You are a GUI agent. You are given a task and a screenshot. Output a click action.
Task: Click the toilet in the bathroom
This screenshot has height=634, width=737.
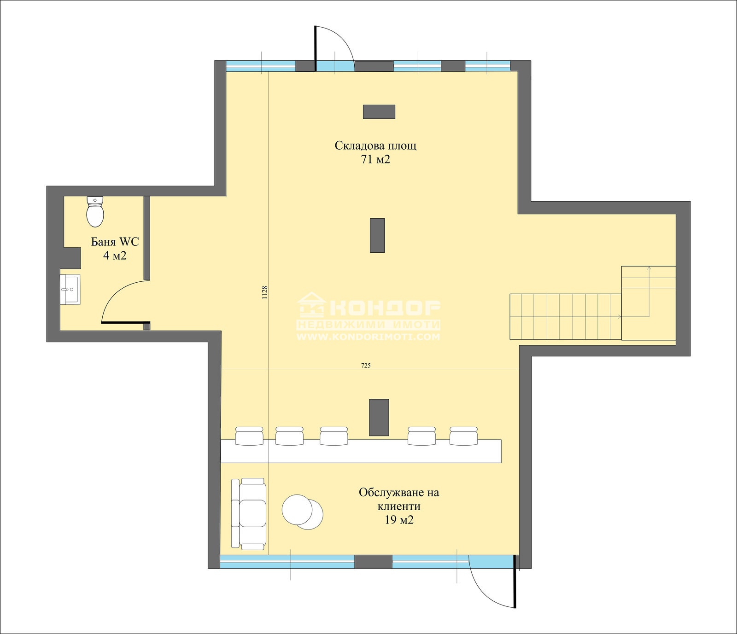pyautogui.click(x=95, y=212)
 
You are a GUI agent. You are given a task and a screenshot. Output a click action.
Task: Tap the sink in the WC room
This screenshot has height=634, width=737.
pyautogui.click(x=70, y=289)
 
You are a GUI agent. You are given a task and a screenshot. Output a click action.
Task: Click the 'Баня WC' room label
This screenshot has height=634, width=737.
pyautogui.click(x=115, y=242)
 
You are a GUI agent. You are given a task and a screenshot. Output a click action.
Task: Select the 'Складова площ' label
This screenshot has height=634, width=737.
pyautogui.click(x=375, y=146)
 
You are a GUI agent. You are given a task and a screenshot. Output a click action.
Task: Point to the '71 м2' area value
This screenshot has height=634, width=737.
pyautogui.click(x=375, y=160)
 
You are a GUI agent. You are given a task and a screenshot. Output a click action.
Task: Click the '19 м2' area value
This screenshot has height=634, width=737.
pyautogui.click(x=399, y=520)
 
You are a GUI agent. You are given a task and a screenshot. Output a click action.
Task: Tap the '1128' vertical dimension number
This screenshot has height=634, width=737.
pyautogui.click(x=264, y=293)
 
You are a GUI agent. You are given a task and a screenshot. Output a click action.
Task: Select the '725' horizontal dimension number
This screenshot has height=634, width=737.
pyautogui.click(x=366, y=366)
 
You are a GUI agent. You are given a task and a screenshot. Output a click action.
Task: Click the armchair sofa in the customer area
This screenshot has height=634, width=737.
pyautogui.click(x=248, y=514)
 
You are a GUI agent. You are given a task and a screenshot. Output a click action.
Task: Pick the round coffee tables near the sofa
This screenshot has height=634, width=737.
pyautogui.click(x=302, y=512)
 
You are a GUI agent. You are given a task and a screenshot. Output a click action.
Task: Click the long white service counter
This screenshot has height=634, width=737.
pyautogui.click(x=361, y=451)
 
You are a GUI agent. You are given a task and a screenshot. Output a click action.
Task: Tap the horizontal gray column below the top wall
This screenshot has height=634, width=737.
pyautogui.click(x=379, y=112)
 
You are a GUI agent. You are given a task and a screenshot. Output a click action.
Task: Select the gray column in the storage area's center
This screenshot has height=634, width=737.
pyautogui.click(x=377, y=235)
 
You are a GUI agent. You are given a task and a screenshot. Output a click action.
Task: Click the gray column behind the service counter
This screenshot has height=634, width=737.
pyautogui.click(x=379, y=418)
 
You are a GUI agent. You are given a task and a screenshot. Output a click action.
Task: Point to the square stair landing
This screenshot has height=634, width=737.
pyautogui.click(x=649, y=303)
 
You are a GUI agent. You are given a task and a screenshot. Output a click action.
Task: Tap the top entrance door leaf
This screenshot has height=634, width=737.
pyautogui.click(x=315, y=48)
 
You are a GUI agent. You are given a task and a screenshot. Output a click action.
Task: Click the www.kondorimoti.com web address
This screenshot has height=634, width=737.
pyautogui.click(x=368, y=337)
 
